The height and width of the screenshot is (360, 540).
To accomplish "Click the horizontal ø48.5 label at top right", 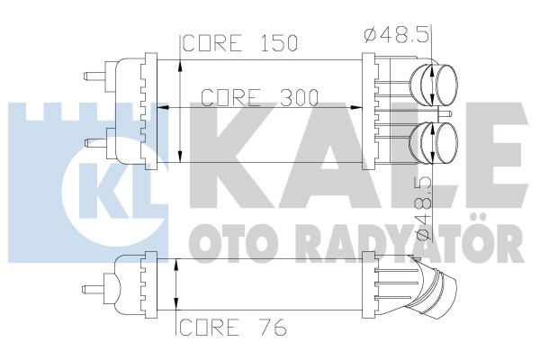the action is pyautogui.click(x=397, y=35).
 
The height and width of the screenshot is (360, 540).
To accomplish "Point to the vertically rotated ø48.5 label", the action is pyautogui.click(x=424, y=208).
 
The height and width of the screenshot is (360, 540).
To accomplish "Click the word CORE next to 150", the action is pyautogui.click(x=211, y=43).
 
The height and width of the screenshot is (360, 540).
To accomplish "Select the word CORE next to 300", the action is pyautogui.click(x=230, y=97).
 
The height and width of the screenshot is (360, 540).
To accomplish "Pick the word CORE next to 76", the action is pyautogui.click(x=210, y=327).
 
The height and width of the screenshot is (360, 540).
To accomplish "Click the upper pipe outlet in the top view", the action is pyautogui.click(x=435, y=84).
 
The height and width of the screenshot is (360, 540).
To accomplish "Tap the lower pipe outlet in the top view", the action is pyautogui.click(x=435, y=142).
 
